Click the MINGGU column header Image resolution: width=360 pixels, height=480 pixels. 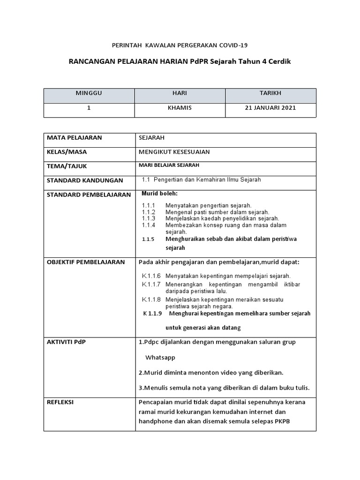pyautogui.click(x=89, y=93)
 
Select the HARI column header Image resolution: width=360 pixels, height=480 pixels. pyautogui.click(x=180, y=93)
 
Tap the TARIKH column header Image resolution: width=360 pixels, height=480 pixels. pyautogui.click(x=270, y=93)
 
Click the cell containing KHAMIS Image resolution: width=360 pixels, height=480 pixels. pyautogui.click(x=180, y=108)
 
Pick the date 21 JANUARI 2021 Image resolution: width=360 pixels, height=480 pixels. pyautogui.click(x=270, y=108)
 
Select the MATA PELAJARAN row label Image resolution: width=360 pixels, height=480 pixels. pyautogui.click(x=74, y=138)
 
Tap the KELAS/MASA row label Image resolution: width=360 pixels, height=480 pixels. pyautogui.click(x=67, y=152)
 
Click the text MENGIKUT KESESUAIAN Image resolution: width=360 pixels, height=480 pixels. pyautogui.click(x=174, y=152)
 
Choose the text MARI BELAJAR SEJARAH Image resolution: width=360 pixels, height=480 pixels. pyautogui.click(x=169, y=165)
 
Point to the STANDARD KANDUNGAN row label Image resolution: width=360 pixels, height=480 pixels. pyautogui.click(x=84, y=180)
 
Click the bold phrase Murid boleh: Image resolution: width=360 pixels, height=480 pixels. pyautogui.click(x=160, y=194)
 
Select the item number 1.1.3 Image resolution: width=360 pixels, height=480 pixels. pyautogui.click(x=148, y=218)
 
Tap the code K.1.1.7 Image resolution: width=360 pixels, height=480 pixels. pyautogui.click(x=151, y=285)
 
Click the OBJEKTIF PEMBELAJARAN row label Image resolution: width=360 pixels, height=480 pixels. pyautogui.click(x=85, y=262)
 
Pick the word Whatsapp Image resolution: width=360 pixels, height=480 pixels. pyautogui.click(x=160, y=358)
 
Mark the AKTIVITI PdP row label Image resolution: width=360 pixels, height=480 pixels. pyautogui.click(x=66, y=342)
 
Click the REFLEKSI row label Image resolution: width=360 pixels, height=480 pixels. pyautogui.click(x=60, y=402)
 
